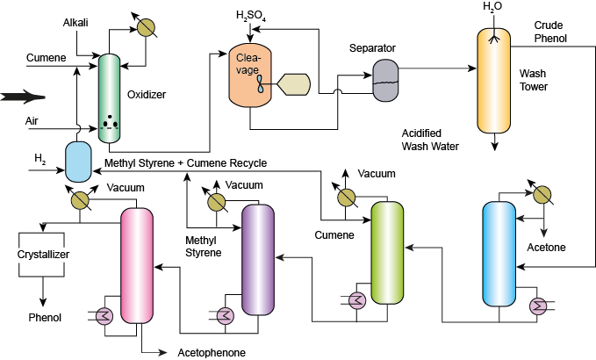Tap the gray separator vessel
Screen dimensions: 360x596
[x=384, y=79]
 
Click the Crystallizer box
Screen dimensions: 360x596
[x=43, y=255]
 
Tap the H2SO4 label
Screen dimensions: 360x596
[x=252, y=15]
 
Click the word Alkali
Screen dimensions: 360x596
[x=75, y=21]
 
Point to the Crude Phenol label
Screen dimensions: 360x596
[x=551, y=32]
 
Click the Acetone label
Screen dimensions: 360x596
[x=547, y=247]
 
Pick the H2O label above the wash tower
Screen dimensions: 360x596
[x=492, y=7]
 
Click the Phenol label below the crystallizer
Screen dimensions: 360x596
[x=45, y=317]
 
